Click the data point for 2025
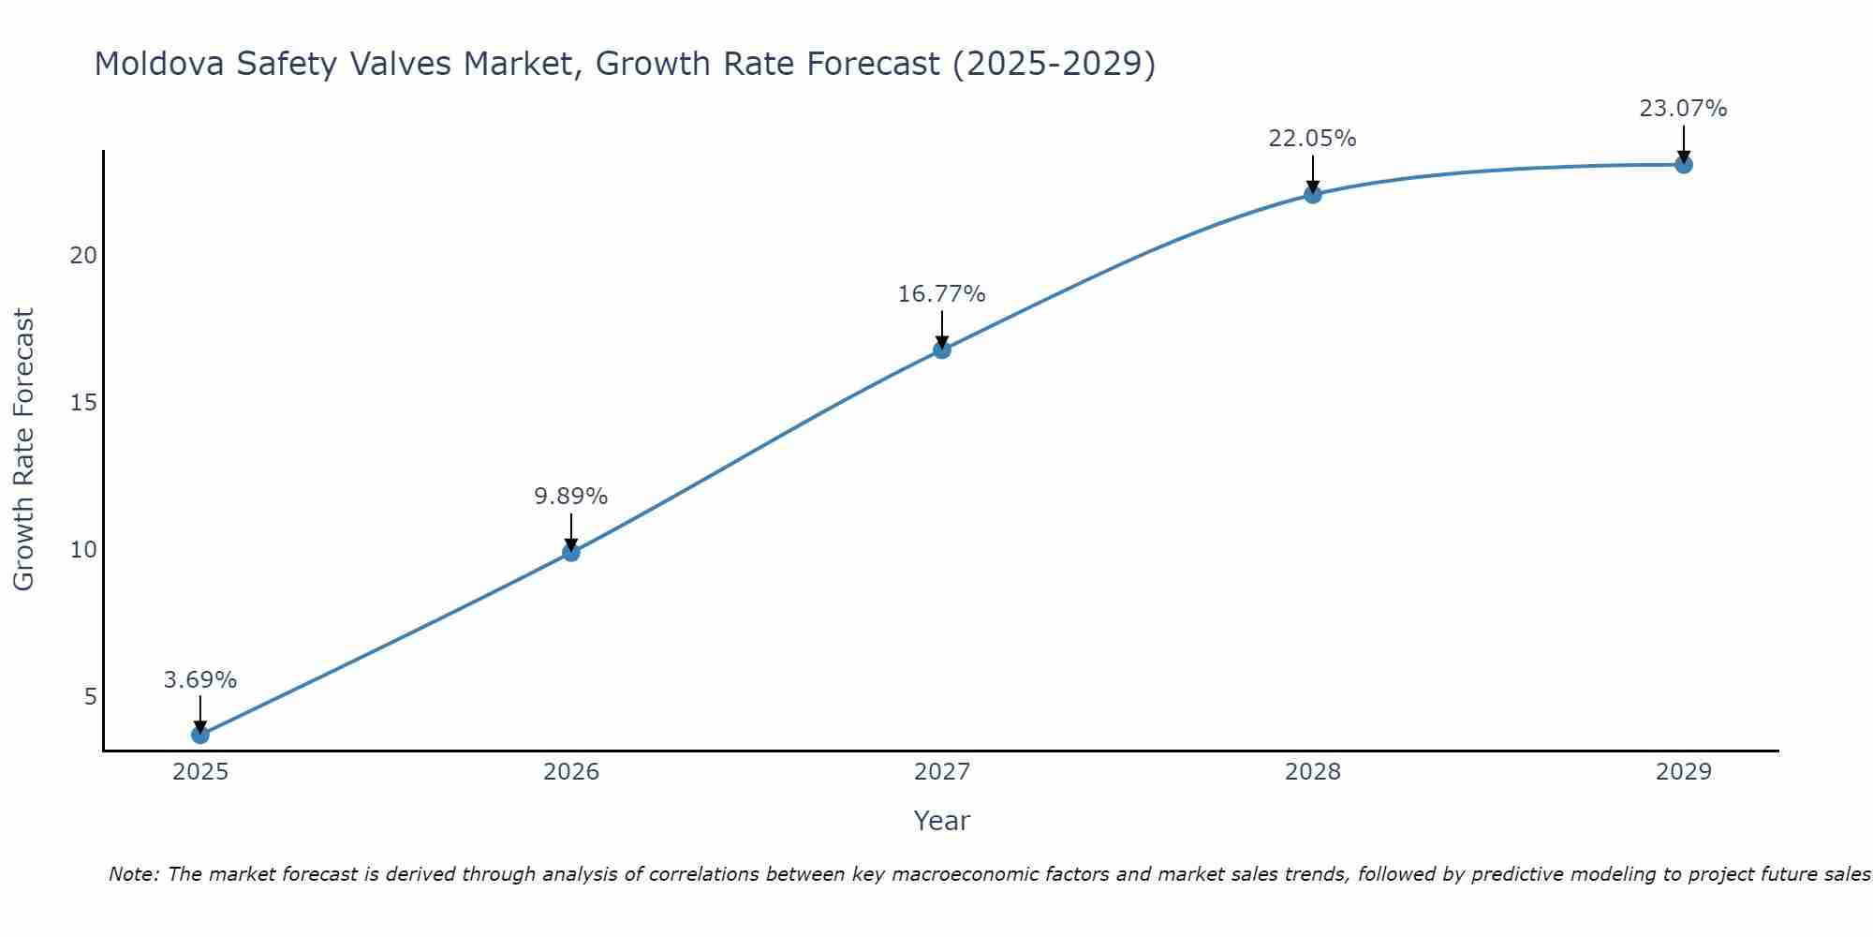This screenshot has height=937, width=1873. click(x=200, y=735)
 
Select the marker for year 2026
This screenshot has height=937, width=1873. click(x=571, y=553)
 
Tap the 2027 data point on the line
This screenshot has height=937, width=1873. click(x=942, y=350)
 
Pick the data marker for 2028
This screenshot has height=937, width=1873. click(x=1313, y=195)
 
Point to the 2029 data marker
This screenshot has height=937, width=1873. click(x=1684, y=165)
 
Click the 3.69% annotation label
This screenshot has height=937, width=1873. click(x=200, y=680)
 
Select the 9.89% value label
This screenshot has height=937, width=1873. click(x=571, y=497)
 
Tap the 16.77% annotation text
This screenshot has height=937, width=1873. click(x=942, y=294)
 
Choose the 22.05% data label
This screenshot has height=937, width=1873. click(x=1313, y=139)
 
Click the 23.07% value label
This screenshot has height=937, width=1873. click(x=1684, y=109)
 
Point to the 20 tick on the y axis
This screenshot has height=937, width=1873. click(x=84, y=256)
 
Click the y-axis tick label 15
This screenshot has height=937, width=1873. click(x=84, y=403)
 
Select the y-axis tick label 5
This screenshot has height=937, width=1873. click(x=91, y=696)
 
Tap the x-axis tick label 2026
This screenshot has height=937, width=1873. click(x=571, y=772)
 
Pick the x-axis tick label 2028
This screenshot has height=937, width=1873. click(x=1313, y=772)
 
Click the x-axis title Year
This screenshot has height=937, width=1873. click(x=942, y=821)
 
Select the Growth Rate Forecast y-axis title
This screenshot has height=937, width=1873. click(x=24, y=450)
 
